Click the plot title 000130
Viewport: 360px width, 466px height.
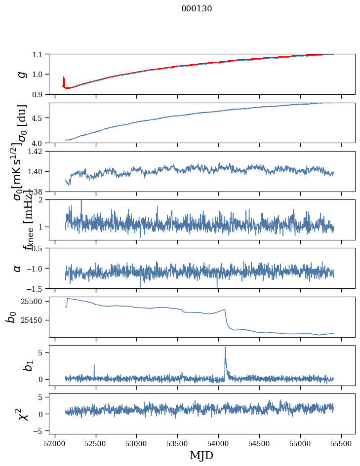(x=197, y=8)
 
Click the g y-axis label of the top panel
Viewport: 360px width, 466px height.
(x=21, y=74)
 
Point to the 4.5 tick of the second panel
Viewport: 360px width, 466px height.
(x=38, y=118)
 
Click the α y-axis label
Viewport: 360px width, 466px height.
(x=18, y=268)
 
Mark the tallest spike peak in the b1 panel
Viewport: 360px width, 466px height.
(x=225, y=347)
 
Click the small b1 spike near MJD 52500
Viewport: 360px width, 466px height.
(x=94, y=365)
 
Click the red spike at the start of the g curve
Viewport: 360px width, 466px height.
(x=64, y=79)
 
